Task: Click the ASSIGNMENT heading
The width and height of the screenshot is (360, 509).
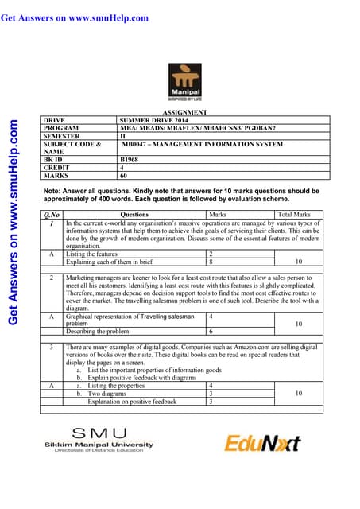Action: point(184,113)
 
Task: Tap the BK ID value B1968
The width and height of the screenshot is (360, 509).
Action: point(125,160)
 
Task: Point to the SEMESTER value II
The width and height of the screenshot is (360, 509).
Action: point(122,136)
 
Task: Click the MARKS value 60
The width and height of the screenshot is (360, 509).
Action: point(123,176)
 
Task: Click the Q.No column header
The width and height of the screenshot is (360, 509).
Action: point(52,214)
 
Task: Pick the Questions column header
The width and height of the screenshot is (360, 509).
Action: point(134,214)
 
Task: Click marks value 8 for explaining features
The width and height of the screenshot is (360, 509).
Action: point(210,261)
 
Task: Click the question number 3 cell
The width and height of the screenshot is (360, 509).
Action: point(50,348)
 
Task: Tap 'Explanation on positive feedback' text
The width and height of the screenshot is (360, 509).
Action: point(132,402)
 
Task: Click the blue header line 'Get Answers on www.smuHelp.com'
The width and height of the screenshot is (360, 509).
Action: point(75,17)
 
